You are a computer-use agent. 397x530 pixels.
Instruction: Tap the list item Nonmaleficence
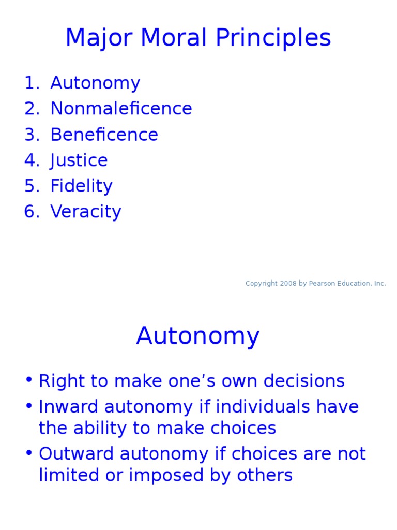pos(121,109)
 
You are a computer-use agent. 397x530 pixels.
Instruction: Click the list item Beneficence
pos(104,135)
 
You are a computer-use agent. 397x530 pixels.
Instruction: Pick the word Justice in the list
pos(79,160)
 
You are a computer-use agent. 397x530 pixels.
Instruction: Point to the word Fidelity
pos(81,186)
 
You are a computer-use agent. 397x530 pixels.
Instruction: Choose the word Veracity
pos(85,212)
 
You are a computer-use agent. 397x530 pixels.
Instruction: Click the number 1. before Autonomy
pos(32,83)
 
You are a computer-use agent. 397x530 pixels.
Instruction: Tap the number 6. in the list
pos(32,212)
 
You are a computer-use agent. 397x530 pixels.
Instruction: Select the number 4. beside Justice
pos(32,160)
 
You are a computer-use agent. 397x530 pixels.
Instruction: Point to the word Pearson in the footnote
pos(322,284)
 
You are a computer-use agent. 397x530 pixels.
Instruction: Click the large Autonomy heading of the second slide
pos(198,336)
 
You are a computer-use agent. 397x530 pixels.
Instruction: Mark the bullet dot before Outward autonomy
pos(28,453)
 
